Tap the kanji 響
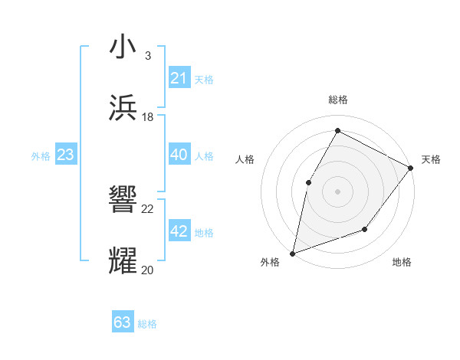pos(123,201)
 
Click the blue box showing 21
pos(179,78)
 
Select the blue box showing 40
pos(179,155)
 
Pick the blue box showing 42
pos(179,231)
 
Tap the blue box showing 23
pos(65,155)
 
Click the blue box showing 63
pos(123,322)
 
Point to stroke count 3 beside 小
pos(148,55)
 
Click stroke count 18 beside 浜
pos(148,116)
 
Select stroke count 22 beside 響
pos(148,208)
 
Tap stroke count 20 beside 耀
pos(148,270)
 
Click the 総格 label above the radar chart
pos(337,100)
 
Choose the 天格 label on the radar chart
pos(431,159)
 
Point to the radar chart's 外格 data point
pos(292,254)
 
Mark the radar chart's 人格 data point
pos(308,182)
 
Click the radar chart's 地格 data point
pos(365,229)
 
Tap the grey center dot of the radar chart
pos(337,191)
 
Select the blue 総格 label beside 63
pos(147,324)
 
